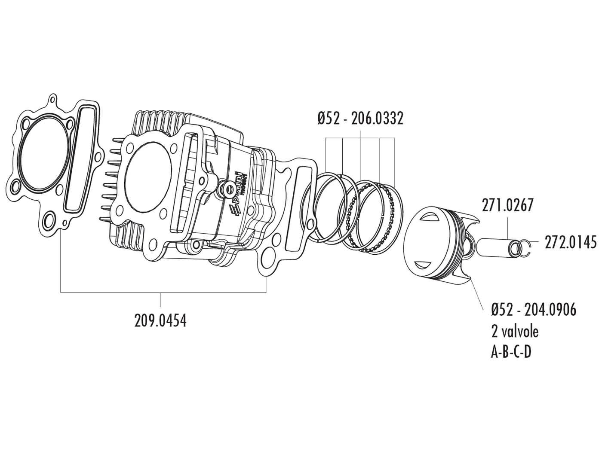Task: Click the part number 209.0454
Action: (160, 320)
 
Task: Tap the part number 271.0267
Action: (507, 206)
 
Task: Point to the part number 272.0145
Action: (570, 242)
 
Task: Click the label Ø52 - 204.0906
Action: (533, 310)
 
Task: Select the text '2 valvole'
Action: (514, 331)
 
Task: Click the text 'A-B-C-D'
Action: (511, 352)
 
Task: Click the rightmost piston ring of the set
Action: (389, 213)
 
